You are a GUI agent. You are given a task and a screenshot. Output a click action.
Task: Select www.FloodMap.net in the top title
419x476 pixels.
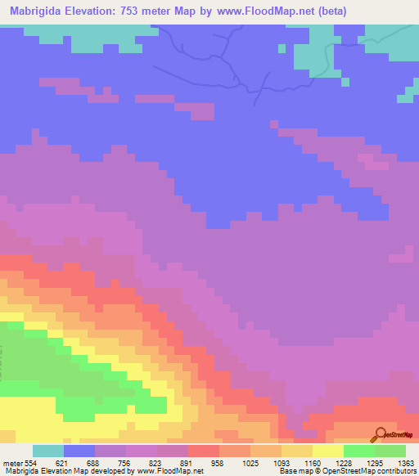[270, 11]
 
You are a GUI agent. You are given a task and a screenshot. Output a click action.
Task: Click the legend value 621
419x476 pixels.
[64, 464]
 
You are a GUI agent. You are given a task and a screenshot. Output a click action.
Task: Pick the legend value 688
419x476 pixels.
[95, 464]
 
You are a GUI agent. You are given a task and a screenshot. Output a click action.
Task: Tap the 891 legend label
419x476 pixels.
[188, 464]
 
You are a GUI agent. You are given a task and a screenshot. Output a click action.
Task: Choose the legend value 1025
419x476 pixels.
[250, 464]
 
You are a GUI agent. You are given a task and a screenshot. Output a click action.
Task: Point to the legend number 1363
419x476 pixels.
[406, 464]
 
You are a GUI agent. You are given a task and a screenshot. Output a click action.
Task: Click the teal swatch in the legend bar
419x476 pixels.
[48, 451]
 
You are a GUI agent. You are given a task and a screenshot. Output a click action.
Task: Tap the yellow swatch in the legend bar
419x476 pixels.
[328, 451]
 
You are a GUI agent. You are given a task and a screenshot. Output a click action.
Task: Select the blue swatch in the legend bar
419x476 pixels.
[79, 451]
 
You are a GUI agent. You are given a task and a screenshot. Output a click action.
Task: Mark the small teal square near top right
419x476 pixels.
[282, 48]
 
